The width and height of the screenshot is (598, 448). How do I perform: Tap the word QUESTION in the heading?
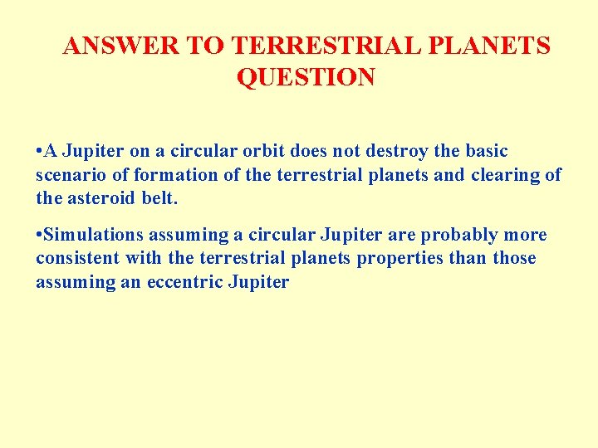click(306, 77)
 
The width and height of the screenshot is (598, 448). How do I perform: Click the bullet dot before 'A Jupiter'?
click(40, 152)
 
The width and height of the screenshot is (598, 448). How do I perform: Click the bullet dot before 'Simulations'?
click(40, 235)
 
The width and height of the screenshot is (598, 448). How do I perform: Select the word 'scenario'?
click(67, 176)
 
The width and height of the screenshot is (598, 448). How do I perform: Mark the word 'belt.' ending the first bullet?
click(160, 200)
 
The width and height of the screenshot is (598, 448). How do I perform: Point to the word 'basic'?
click(486, 152)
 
